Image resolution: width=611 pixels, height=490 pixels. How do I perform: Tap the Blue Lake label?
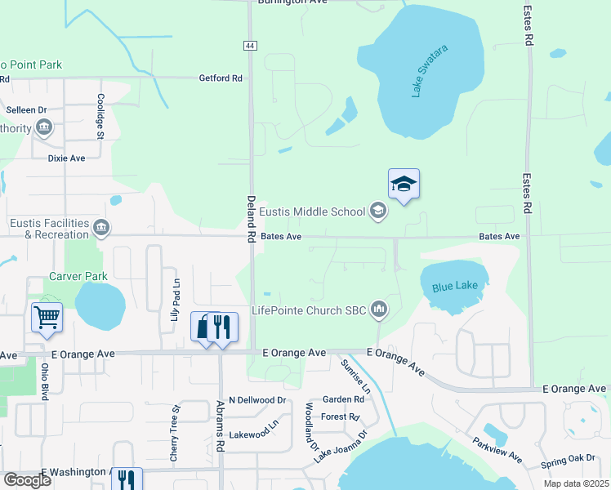[x=453, y=287]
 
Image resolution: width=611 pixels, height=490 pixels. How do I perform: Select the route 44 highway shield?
[x=248, y=47]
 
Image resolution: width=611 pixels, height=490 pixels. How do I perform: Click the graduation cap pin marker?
[x=404, y=184]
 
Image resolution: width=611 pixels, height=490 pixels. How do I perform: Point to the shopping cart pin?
[x=47, y=317]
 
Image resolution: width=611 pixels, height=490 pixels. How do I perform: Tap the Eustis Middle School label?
[x=312, y=212]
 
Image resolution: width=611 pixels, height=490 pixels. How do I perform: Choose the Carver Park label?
[x=78, y=277]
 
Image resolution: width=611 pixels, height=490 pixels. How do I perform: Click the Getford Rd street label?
[x=221, y=78]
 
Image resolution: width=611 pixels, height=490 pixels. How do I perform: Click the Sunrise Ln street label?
[x=355, y=376]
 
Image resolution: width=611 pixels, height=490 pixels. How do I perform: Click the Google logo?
[x=27, y=480]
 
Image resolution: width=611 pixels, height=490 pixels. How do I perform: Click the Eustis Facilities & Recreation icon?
[x=101, y=228]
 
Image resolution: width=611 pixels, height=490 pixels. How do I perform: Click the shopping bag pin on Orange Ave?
[x=202, y=327]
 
